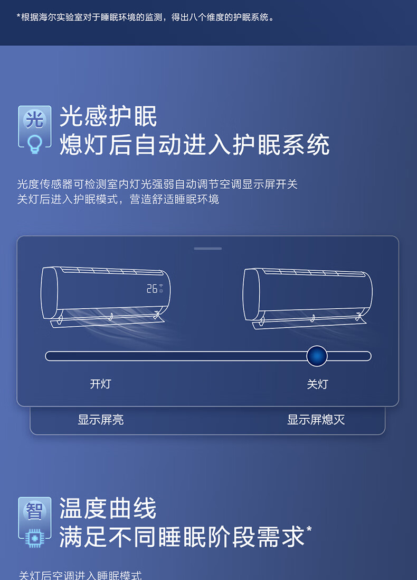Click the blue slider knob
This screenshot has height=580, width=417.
(317, 356)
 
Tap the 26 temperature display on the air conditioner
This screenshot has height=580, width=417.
(152, 289)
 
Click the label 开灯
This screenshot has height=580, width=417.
(100, 384)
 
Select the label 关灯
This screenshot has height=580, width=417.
(317, 384)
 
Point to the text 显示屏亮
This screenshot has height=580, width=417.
(100, 420)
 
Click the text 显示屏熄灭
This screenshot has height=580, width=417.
(316, 420)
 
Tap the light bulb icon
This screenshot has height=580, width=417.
(35, 144)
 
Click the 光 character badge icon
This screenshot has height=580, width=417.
(35, 119)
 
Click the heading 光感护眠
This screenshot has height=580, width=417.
(108, 116)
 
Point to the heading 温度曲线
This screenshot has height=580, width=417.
(108, 508)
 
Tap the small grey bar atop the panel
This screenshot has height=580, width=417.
(208, 248)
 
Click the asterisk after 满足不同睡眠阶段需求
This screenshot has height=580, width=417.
(309, 529)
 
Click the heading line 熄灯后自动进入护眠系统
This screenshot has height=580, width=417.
(194, 145)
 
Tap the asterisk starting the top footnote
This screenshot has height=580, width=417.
(18, 16)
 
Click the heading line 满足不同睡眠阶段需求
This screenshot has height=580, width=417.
(182, 537)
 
